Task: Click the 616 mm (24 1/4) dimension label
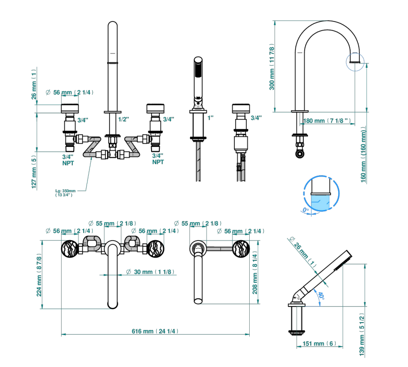point(155,331)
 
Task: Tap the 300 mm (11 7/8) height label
point(272,67)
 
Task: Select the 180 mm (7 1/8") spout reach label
point(327,121)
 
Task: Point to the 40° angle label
point(321,295)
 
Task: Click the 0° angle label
point(306,210)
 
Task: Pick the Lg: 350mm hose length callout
point(65,193)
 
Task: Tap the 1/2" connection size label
point(123,119)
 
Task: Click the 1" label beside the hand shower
point(210,117)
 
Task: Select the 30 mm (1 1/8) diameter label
point(150,272)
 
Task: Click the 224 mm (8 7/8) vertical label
point(39,275)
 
